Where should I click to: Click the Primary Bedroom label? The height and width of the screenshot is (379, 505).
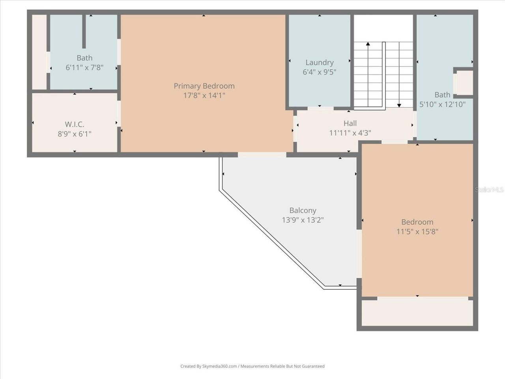click(204, 86)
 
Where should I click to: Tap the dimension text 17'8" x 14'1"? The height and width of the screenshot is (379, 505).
click(204, 96)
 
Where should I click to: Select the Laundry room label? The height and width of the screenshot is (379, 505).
click(319, 62)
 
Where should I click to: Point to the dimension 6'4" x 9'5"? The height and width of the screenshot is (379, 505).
click(319, 72)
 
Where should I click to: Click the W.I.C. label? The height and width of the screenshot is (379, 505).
click(74, 124)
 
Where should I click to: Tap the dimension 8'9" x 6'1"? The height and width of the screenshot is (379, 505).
click(74, 134)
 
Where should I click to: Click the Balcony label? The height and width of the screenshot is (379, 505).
click(303, 210)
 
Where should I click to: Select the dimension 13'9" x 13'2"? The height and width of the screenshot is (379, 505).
click(303, 220)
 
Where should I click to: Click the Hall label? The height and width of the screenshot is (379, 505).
click(350, 124)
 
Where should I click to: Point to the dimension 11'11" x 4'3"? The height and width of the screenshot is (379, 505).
click(350, 133)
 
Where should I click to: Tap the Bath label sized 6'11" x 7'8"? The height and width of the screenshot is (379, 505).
click(84, 58)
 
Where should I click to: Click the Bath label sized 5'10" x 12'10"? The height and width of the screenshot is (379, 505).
click(442, 95)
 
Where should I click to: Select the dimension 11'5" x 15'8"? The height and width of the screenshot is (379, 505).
click(417, 231)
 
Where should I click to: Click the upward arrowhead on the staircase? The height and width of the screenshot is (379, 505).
click(368, 44)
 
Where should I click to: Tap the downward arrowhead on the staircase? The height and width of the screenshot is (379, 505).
click(399, 105)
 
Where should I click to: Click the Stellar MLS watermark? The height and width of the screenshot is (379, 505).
click(489, 190)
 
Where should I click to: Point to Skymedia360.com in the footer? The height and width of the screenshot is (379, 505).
click(220, 366)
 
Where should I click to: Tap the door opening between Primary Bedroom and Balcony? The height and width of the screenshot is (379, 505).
click(262, 155)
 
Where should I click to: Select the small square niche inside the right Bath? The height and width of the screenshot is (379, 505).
click(464, 83)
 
